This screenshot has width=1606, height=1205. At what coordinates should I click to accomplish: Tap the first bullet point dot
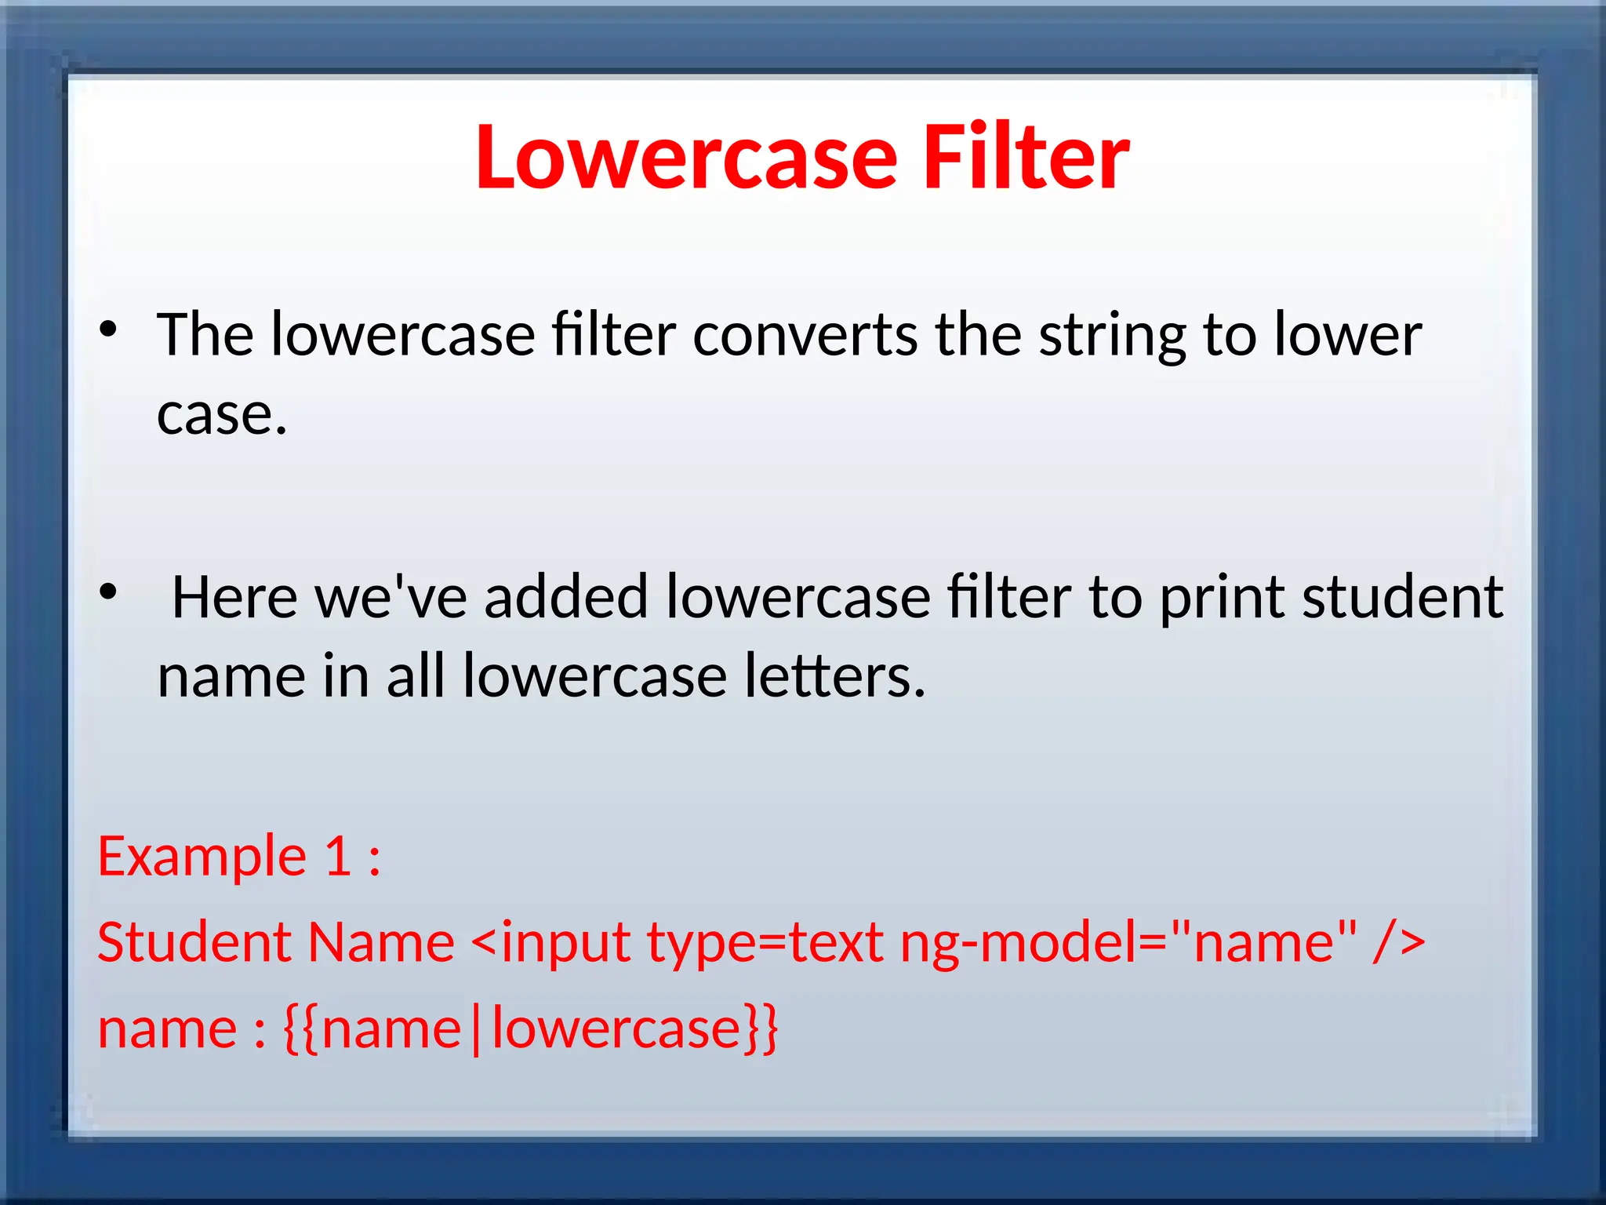tap(108, 329)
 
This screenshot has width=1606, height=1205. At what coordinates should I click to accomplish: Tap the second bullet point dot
tap(108, 592)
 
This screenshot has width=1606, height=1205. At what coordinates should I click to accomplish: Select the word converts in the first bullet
tap(805, 335)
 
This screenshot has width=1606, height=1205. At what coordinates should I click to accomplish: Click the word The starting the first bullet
tap(205, 335)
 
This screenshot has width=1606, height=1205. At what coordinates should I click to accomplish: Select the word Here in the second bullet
tap(234, 598)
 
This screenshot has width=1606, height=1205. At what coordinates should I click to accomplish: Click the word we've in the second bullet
tap(391, 598)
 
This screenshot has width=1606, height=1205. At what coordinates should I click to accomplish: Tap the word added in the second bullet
tap(566, 598)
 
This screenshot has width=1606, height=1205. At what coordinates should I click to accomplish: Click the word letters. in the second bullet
tap(834, 676)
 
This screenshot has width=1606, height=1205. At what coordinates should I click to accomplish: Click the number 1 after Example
tap(338, 856)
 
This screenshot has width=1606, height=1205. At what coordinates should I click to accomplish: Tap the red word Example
tap(202, 857)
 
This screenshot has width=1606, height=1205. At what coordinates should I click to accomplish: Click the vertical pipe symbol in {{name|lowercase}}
tap(476, 1029)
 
